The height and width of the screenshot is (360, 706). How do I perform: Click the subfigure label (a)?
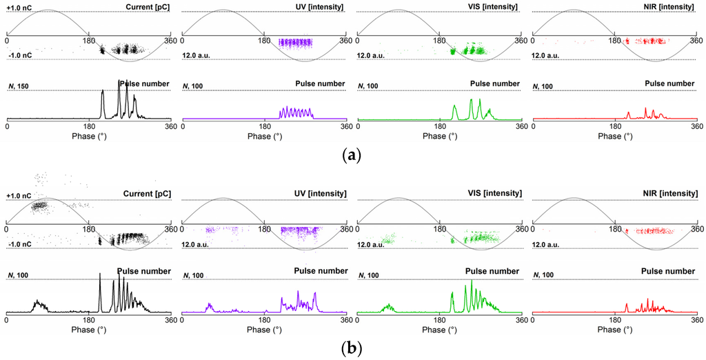(x=352, y=154)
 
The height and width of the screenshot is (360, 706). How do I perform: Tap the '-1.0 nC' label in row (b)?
(x=20, y=242)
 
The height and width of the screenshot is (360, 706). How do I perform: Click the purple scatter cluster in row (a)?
(x=295, y=43)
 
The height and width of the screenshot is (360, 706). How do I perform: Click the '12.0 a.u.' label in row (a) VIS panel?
(x=374, y=55)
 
